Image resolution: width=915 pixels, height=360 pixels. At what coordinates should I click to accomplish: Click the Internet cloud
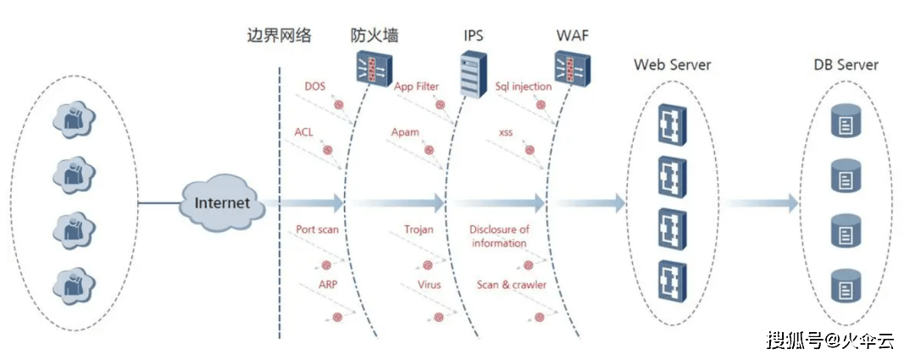pyautogui.click(x=222, y=202)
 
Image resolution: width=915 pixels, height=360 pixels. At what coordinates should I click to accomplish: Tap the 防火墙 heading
pyautogui.click(x=374, y=35)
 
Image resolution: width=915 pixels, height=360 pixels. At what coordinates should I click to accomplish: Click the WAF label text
pyautogui.click(x=572, y=35)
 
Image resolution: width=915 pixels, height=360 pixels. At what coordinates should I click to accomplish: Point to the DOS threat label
pyautogui.click(x=315, y=86)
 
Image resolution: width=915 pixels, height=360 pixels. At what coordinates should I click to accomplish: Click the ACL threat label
pyautogui.click(x=304, y=132)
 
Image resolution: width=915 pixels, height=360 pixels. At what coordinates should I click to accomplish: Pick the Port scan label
pyautogui.click(x=317, y=230)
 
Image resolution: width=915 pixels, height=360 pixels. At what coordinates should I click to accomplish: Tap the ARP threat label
pyautogui.click(x=328, y=285)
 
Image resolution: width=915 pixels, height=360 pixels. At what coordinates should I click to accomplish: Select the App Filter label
pyautogui.click(x=417, y=86)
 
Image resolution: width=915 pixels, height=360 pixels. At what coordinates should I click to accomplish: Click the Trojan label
pyautogui.click(x=419, y=230)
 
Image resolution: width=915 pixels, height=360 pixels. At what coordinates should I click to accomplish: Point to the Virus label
pyautogui.click(x=429, y=285)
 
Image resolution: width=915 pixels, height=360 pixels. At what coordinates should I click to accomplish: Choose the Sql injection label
pyautogui.click(x=523, y=86)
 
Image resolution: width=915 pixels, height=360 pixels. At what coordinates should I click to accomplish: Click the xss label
pyautogui.click(x=506, y=132)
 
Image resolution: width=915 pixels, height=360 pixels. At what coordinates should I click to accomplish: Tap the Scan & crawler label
pyautogui.click(x=512, y=285)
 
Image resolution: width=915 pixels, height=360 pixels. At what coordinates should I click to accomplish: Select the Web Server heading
pyautogui.click(x=672, y=64)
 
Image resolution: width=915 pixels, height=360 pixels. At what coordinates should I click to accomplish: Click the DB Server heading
pyautogui.click(x=845, y=64)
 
